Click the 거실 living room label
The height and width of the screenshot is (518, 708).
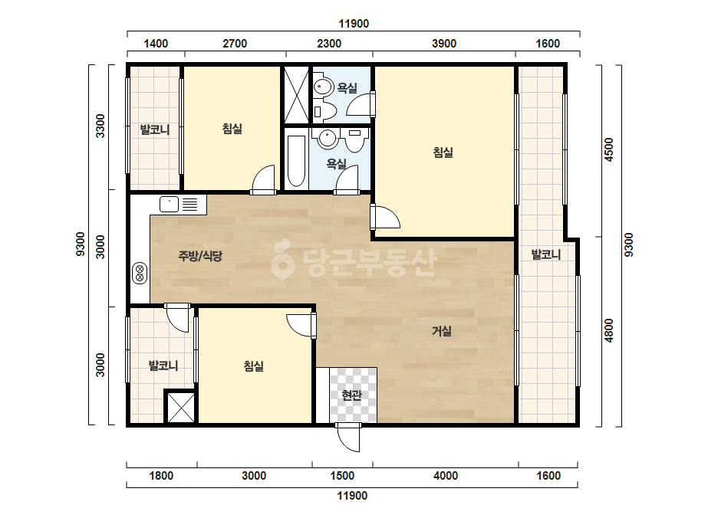442,331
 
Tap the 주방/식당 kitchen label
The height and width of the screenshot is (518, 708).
200,256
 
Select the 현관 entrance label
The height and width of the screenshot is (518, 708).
352,395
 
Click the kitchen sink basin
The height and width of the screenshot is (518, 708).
170,205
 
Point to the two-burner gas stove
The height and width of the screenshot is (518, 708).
140,274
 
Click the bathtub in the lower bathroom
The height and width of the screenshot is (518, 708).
296,161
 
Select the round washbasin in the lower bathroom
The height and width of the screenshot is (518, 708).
328,138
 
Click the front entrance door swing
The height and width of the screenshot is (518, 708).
348,438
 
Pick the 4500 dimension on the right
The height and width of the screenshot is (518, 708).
608,149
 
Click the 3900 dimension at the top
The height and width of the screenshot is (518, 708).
444,44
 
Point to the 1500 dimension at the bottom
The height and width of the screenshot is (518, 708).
342,476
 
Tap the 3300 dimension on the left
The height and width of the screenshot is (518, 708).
100,126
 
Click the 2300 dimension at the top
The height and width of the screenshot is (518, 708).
329,44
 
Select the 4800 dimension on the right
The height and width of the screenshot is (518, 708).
608,330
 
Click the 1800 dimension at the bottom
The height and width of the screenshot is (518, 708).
161,476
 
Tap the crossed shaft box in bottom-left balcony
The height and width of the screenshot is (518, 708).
180,408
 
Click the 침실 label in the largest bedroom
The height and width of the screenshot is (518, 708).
443,152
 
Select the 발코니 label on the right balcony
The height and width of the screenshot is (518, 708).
546,254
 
